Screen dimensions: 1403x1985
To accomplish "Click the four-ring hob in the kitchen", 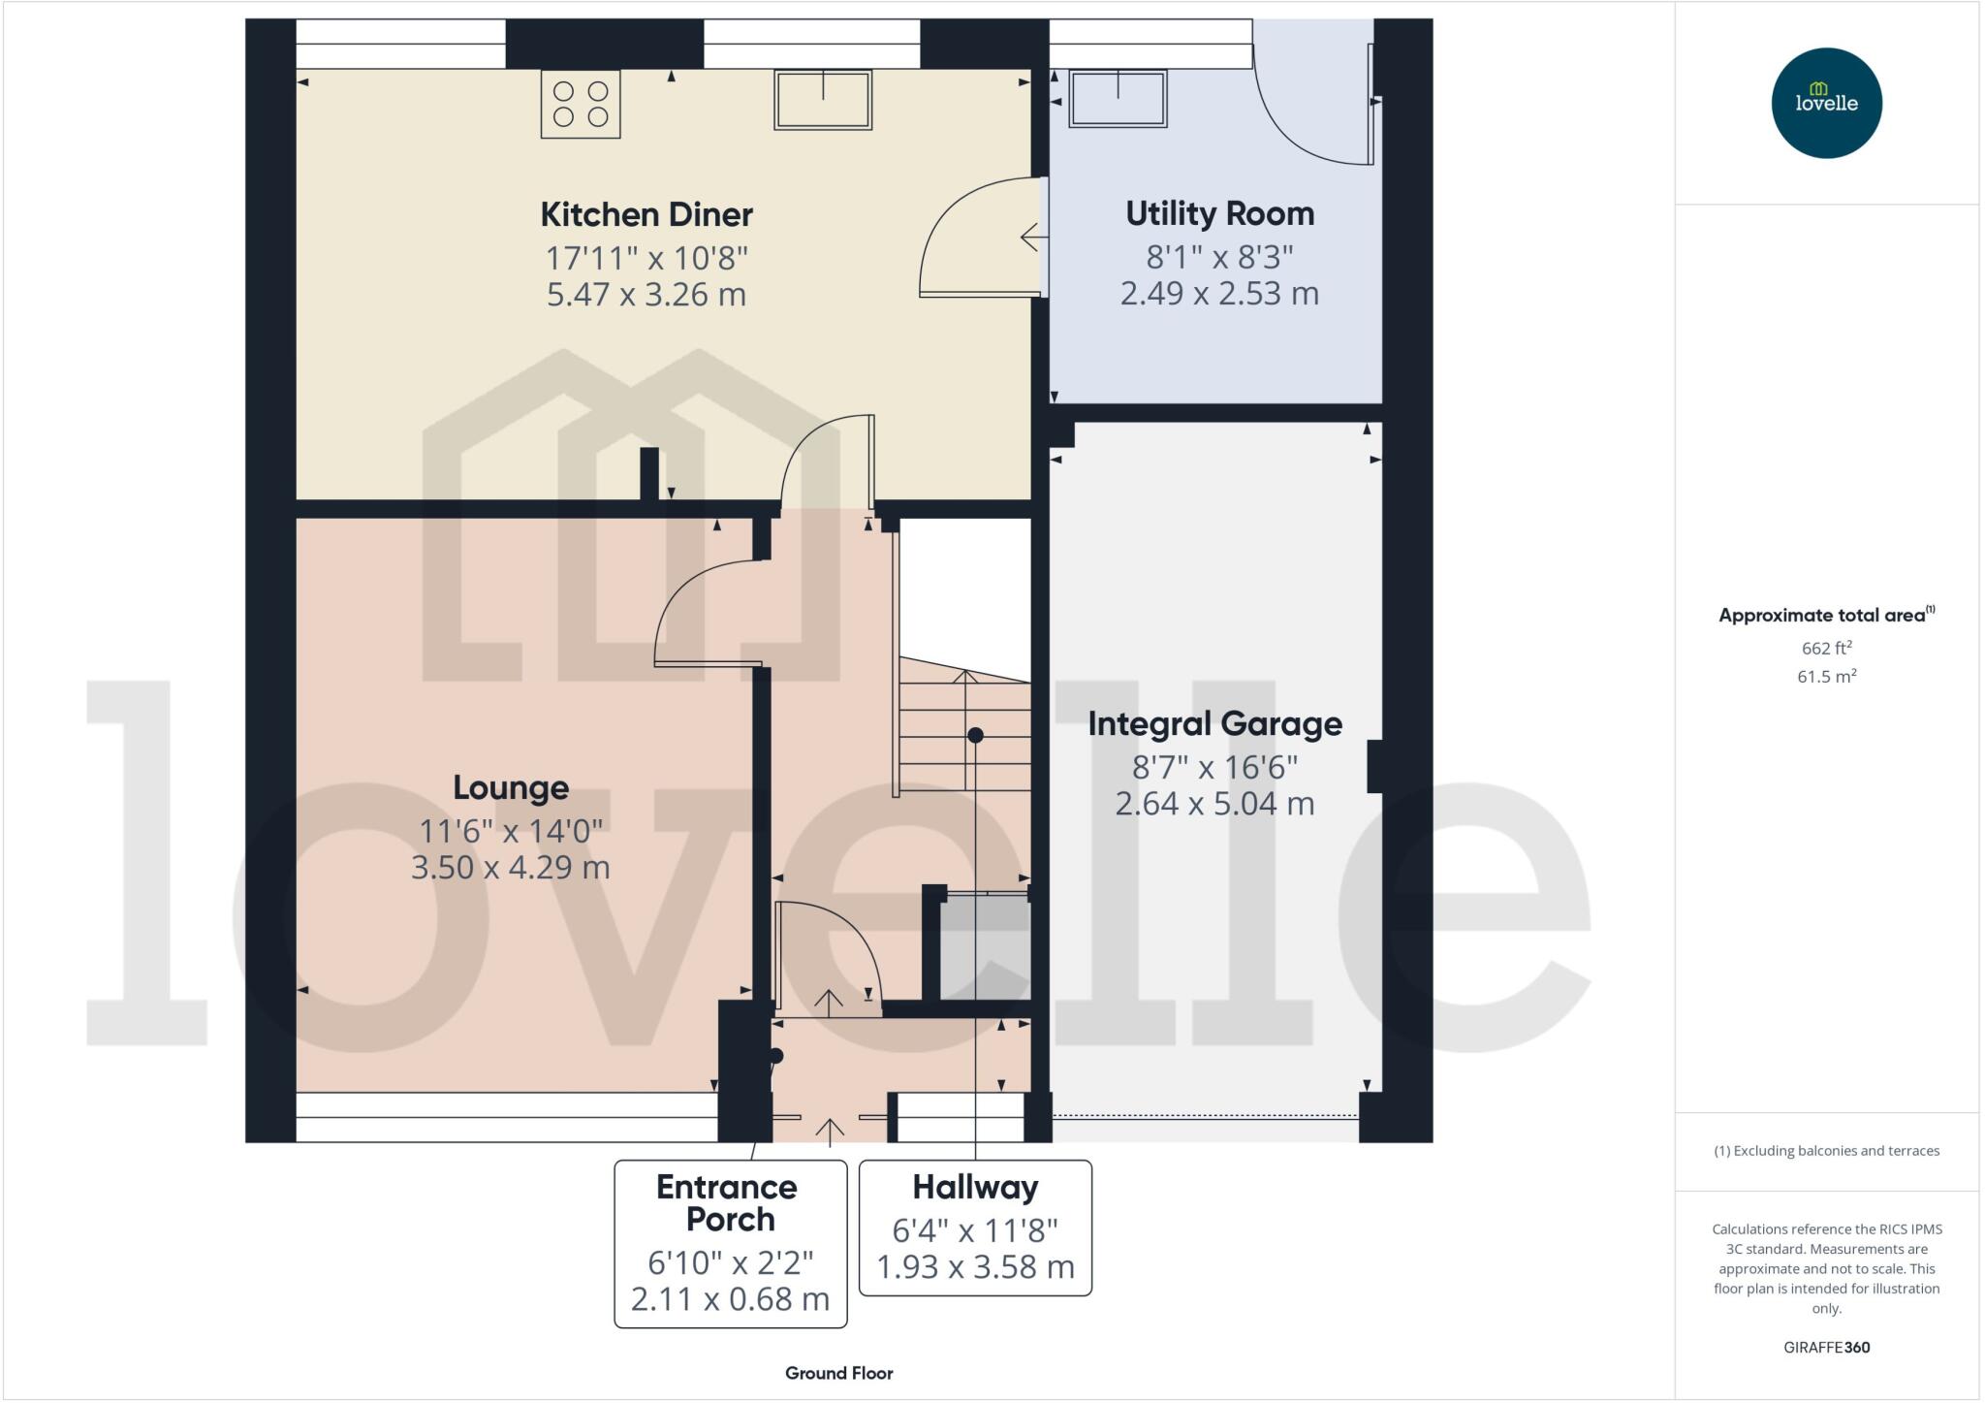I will click(x=581, y=104).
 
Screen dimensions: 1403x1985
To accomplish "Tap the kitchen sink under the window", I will click(x=822, y=99).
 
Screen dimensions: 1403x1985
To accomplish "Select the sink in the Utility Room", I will click(x=1118, y=98).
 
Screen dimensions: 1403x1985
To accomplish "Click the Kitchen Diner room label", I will click(x=646, y=214).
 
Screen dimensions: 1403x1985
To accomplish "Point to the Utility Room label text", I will click(x=1219, y=213).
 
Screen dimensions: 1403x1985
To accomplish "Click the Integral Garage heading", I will click(x=1214, y=723).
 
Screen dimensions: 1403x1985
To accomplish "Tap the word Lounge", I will click(x=511, y=787).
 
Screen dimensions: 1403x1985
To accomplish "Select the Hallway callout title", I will click(x=975, y=1187).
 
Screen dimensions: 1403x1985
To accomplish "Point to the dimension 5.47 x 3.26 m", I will click(x=646, y=294).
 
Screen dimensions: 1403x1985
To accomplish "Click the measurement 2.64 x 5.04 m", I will click(x=1214, y=804).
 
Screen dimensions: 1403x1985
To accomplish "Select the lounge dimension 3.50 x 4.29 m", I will click(x=511, y=867).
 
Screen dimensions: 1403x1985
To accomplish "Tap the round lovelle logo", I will click(x=1826, y=103).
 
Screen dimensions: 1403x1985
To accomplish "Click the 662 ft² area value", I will click(x=1826, y=648).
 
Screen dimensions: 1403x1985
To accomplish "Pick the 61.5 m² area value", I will click(x=1826, y=677).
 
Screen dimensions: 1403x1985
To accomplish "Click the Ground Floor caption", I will click(x=838, y=1373).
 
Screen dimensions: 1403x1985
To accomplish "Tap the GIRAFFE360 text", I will click(x=1826, y=1347).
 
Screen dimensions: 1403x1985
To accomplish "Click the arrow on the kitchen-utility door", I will click(x=1032, y=237).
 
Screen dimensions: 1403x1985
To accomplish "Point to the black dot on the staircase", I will click(x=975, y=736).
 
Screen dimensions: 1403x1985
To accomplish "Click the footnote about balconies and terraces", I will click(x=1826, y=1151).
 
